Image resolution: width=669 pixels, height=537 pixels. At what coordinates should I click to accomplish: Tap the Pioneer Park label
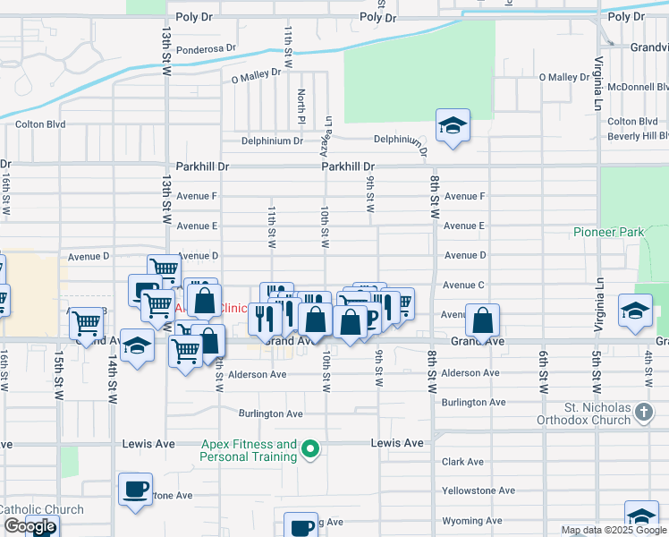pyautogui.click(x=608, y=233)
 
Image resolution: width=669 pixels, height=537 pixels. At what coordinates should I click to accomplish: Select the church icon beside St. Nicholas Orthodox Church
pyautogui.click(x=644, y=413)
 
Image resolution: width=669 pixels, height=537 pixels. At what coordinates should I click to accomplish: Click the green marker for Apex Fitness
pyautogui.click(x=310, y=448)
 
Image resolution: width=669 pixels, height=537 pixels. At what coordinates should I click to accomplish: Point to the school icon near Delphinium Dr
pyautogui.click(x=453, y=126)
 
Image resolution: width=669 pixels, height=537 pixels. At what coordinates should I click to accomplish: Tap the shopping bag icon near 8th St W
pyautogui.click(x=482, y=320)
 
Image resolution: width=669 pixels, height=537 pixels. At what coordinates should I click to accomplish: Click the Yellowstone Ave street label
pyautogui.click(x=478, y=490)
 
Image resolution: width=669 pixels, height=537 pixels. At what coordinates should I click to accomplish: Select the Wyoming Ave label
pyautogui.click(x=471, y=520)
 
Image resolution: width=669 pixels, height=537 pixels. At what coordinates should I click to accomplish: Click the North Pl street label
pyautogui.click(x=302, y=107)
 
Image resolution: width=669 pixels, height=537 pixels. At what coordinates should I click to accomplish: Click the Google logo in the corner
pyautogui.click(x=30, y=526)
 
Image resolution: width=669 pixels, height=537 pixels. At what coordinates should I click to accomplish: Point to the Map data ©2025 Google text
pyautogui.click(x=614, y=530)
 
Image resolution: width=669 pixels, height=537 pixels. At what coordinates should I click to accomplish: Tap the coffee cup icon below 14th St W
pyautogui.click(x=135, y=490)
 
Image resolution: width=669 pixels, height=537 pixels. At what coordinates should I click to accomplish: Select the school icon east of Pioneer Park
pyautogui.click(x=635, y=311)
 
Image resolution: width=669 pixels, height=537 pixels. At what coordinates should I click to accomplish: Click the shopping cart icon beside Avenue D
pyautogui.click(x=164, y=268)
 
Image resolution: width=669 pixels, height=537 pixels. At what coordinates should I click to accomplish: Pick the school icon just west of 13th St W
pyautogui.click(x=137, y=346)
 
